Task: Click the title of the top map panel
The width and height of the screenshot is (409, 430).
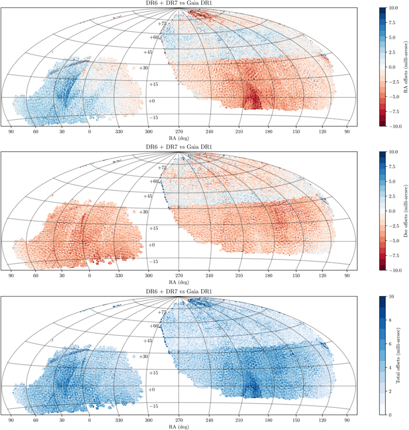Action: click(x=179, y=4)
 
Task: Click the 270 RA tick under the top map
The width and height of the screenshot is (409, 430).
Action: click(x=179, y=131)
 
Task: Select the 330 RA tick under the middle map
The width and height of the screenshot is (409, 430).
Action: click(x=119, y=275)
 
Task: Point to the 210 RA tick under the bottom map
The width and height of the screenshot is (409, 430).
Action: click(x=238, y=419)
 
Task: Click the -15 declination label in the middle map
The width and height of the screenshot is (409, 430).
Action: click(x=154, y=261)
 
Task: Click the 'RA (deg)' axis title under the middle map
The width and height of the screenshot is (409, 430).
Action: click(x=179, y=282)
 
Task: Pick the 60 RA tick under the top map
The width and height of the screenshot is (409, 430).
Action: click(x=36, y=131)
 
